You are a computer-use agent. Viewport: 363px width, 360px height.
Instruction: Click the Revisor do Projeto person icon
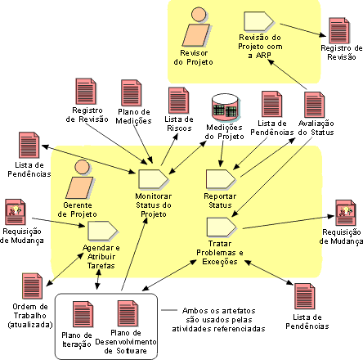(x=196, y=27)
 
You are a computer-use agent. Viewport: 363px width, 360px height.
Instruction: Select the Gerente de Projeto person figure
(x=79, y=179)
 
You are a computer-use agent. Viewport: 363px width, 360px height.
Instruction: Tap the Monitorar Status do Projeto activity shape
(x=153, y=179)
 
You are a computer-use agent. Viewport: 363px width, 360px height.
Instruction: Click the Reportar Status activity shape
(x=221, y=179)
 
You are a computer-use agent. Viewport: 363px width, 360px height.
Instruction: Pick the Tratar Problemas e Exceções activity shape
(x=222, y=227)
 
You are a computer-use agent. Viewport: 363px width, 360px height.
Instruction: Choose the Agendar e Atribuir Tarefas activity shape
(x=103, y=231)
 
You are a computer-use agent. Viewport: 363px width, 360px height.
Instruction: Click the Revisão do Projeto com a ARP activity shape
(x=258, y=21)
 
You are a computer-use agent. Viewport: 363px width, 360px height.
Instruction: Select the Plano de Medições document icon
(x=132, y=93)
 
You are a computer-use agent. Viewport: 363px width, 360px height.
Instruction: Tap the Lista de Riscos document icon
(x=179, y=101)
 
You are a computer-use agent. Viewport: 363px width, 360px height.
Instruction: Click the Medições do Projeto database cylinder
(x=226, y=107)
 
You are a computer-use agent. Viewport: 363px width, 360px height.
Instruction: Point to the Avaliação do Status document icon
(x=314, y=105)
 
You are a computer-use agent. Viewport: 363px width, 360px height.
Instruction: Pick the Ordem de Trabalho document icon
(x=32, y=286)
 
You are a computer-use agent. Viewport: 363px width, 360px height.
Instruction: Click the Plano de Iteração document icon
(x=83, y=314)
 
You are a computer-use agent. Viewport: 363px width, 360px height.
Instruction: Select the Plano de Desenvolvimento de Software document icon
(x=128, y=313)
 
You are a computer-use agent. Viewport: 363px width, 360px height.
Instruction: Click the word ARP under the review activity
(x=263, y=56)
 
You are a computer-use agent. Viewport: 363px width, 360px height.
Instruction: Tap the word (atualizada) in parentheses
(x=30, y=325)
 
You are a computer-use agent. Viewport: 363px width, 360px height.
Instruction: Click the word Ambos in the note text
(x=194, y=311)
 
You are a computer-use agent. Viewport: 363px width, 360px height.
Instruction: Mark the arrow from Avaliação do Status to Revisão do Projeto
(x=287, y=74)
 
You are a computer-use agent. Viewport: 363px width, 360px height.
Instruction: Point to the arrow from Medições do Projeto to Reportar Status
(x=222, y=153)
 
